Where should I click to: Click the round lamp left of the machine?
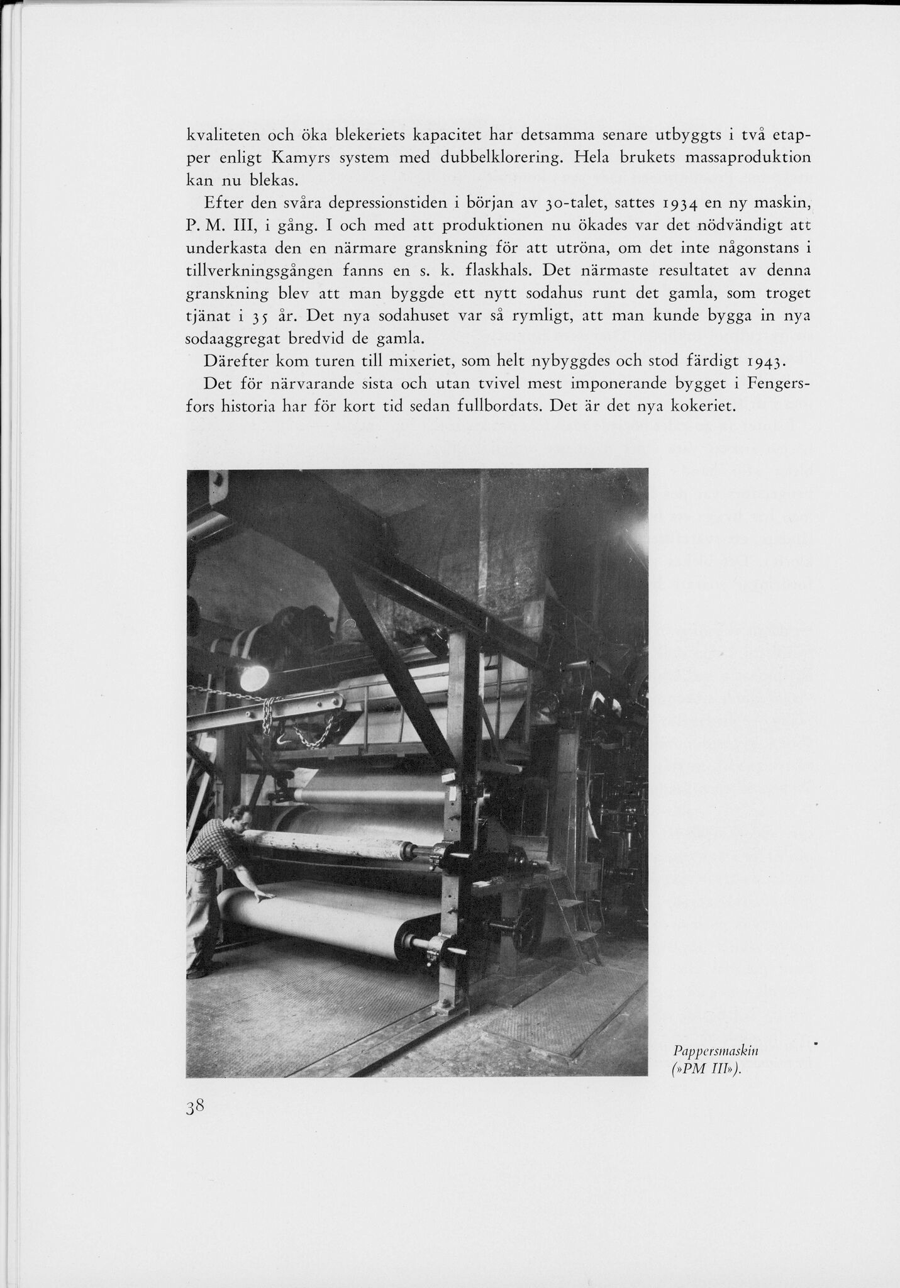point(254,677)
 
